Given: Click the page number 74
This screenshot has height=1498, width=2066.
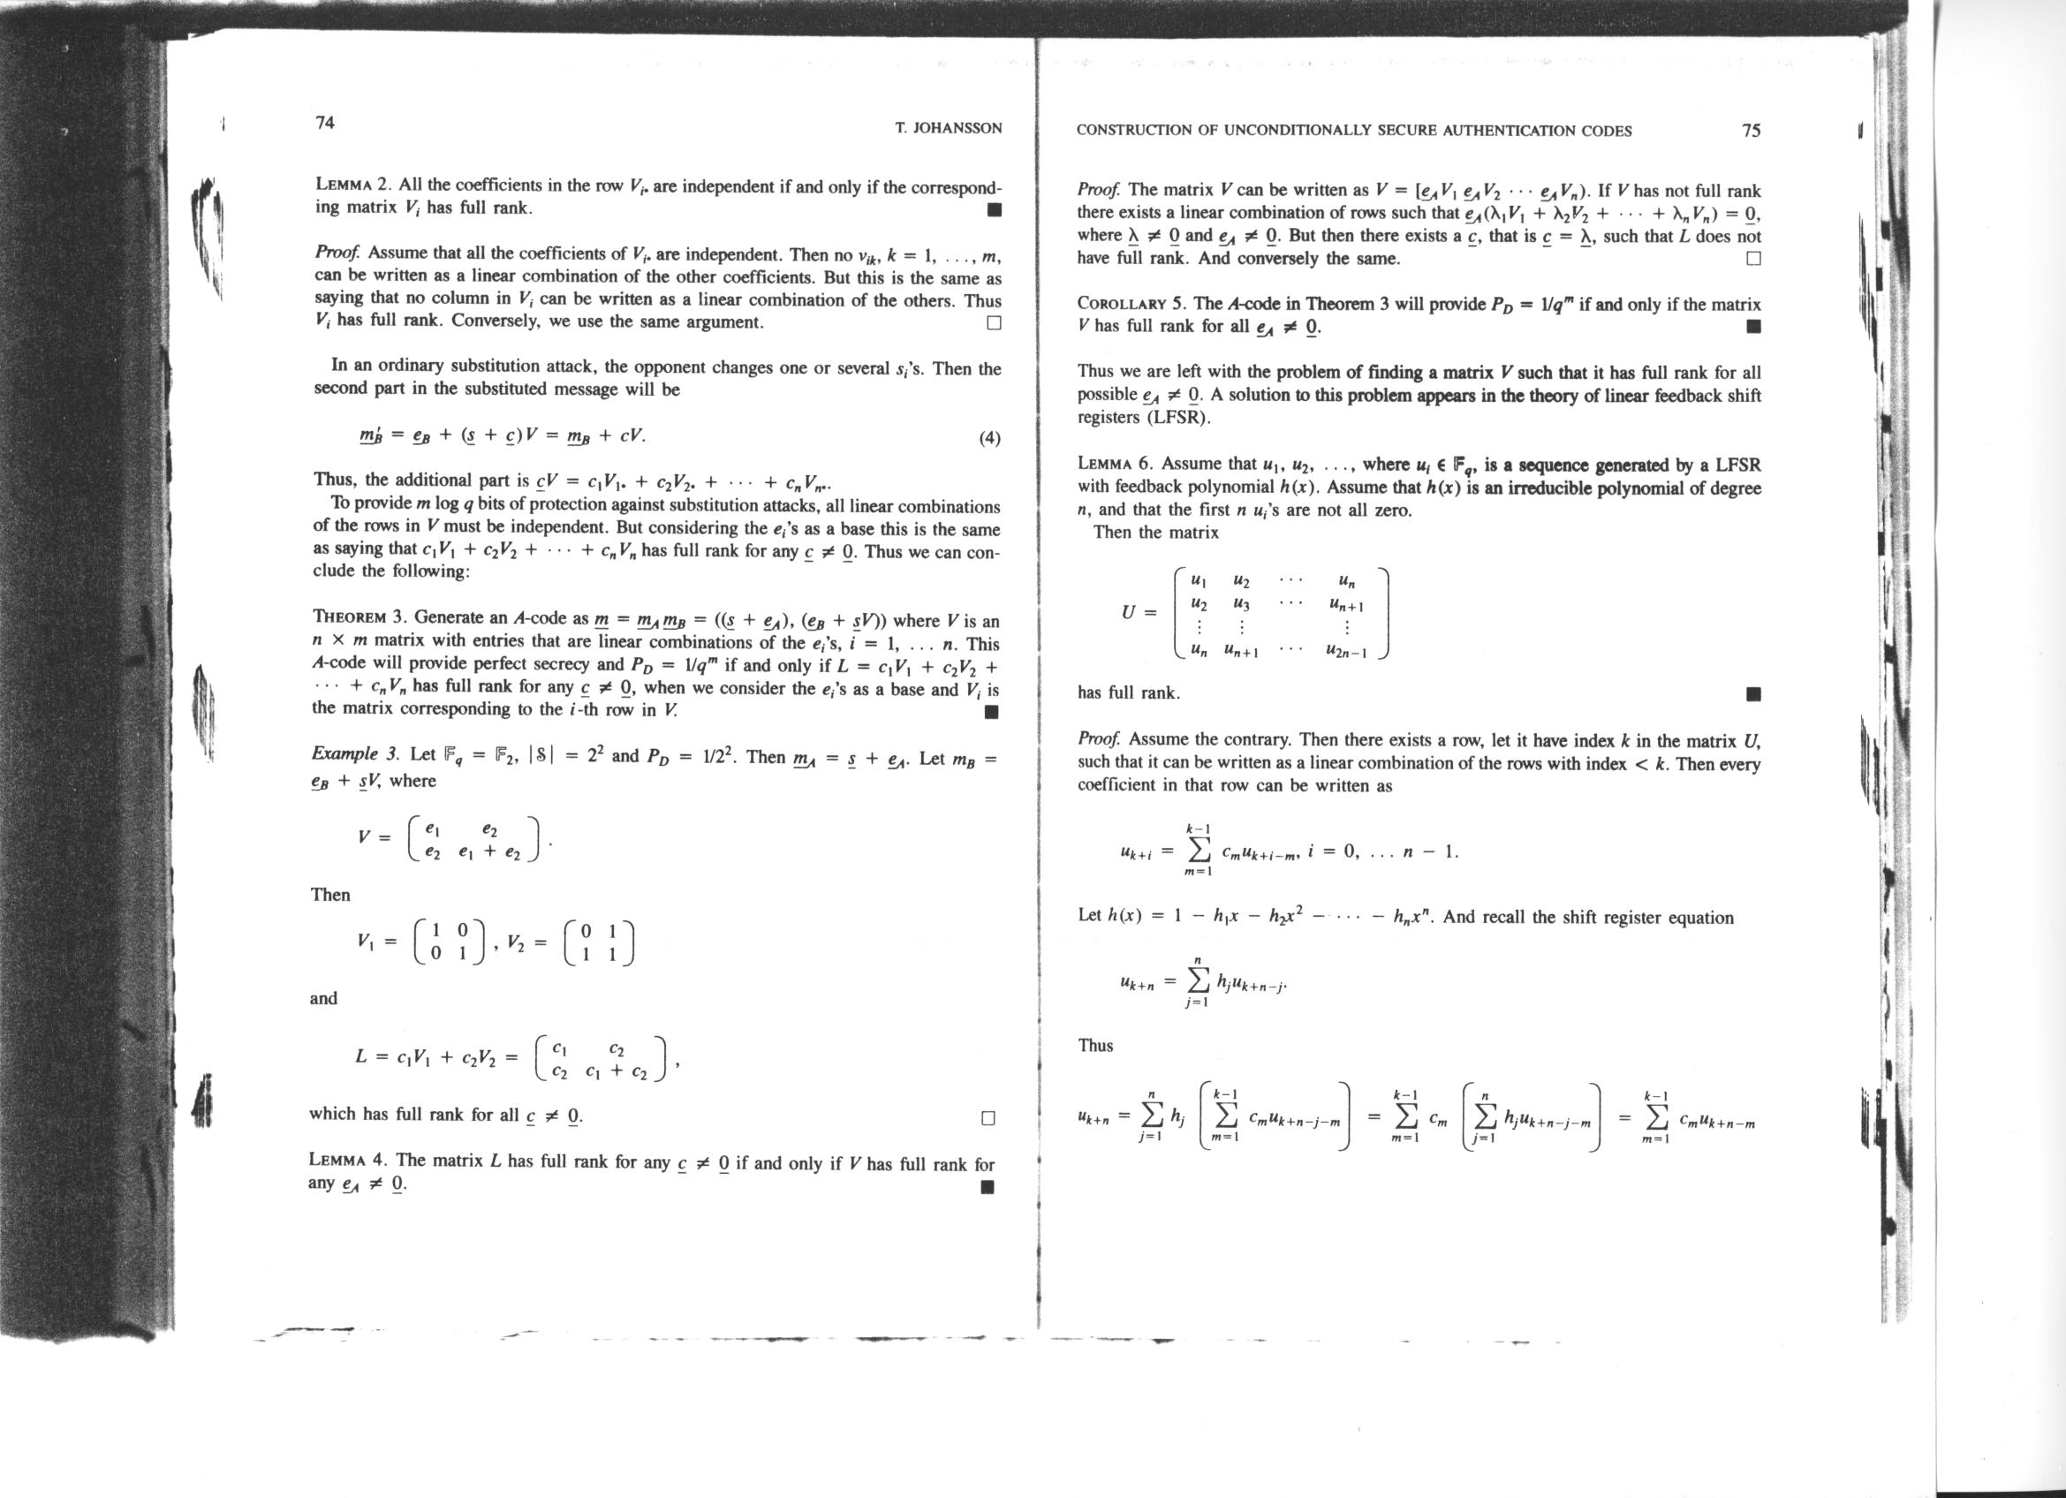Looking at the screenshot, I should click(x=324, y=123).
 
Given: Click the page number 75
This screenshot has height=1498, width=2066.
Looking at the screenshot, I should click(x=1750, y=130).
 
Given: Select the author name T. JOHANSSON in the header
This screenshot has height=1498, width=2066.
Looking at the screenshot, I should click(x=949, y=128).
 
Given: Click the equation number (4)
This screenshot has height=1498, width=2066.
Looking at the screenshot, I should click(x=989, y=438).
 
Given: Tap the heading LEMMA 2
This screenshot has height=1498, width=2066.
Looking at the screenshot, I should click(x=357, y=185).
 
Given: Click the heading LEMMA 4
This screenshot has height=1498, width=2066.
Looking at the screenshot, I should click(x=350, y=1160).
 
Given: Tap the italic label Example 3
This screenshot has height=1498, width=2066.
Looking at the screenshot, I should click(x=355, y=754).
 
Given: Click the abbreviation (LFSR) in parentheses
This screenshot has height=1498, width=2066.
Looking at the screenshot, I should click(x=1179, y=418).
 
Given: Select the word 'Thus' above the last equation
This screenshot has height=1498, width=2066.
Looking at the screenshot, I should click(x=1095, y=1046).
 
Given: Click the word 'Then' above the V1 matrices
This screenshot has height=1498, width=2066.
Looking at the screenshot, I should click(x=329, y=894).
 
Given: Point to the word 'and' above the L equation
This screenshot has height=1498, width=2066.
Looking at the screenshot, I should click(x=323, y=998).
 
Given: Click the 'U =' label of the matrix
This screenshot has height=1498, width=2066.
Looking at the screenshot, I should click(x=1139, y=612).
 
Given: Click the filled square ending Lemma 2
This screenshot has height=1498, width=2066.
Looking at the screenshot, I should click(x=994, y=210).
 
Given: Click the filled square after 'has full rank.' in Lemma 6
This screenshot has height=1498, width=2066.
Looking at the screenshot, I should click(x=1752, y=695).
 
